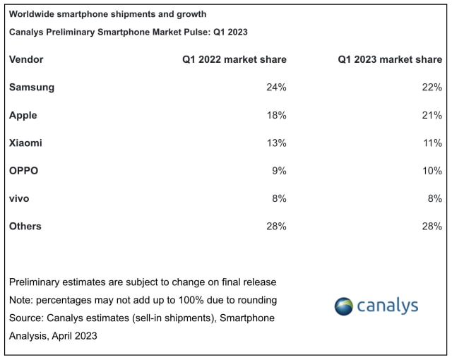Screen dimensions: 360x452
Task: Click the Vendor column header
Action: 26,60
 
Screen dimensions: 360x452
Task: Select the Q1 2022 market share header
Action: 234,60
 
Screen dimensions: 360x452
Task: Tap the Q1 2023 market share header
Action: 390,60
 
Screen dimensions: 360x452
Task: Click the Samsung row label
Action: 32,88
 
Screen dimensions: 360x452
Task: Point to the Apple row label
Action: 23,115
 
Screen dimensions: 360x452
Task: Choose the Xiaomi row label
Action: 26,143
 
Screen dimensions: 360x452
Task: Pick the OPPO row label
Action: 23,171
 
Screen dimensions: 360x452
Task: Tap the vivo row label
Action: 20,198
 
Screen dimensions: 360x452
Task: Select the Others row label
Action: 25,226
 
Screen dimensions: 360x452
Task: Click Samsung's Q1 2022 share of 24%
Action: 276,88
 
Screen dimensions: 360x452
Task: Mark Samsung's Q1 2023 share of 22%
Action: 432,88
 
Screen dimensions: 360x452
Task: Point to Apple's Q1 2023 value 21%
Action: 432,115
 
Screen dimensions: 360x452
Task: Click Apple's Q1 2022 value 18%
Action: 276,115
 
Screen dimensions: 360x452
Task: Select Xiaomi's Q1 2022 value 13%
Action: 276,143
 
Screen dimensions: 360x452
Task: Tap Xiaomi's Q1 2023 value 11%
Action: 432,143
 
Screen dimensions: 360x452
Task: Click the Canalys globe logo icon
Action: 343,306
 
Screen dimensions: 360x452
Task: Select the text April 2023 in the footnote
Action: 76,336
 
